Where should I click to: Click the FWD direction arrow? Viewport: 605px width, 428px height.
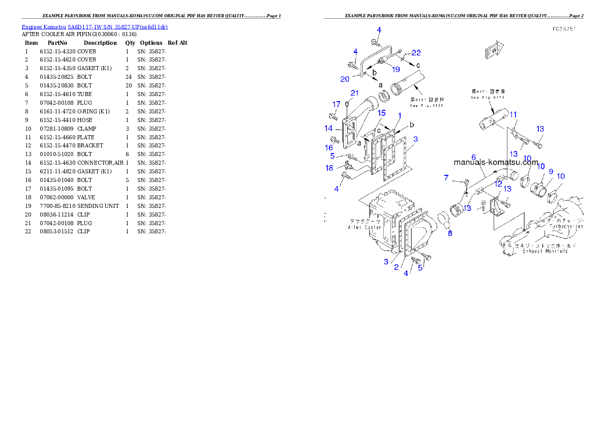click(494, 50)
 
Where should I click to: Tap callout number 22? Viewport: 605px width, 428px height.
click(416, 53)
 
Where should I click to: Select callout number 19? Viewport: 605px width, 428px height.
click(396, 70)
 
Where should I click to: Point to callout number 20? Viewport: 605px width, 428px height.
click(345, 79)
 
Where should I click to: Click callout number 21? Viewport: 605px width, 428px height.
click(354, 93)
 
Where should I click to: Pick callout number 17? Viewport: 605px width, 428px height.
click(337, 105)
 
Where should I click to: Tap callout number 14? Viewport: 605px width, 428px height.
click(329, 129)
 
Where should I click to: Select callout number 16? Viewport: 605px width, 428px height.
click(329, 147)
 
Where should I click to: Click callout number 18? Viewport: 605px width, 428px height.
click(329, 168)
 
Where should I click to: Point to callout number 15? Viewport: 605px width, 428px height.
click(381, 113)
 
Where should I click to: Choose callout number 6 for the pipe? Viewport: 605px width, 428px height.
click(473, 158)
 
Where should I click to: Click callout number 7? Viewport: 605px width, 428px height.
click(446, 178)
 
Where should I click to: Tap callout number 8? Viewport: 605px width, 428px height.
click(450, 233)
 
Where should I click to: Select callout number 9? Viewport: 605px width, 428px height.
click(551, 172)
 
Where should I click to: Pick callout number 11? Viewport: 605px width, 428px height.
click(513, 115)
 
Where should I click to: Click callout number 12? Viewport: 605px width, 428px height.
click(498, 184)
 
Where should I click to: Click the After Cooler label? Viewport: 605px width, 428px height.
click(365, 225)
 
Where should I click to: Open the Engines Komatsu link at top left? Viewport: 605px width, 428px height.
click(95, 27)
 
